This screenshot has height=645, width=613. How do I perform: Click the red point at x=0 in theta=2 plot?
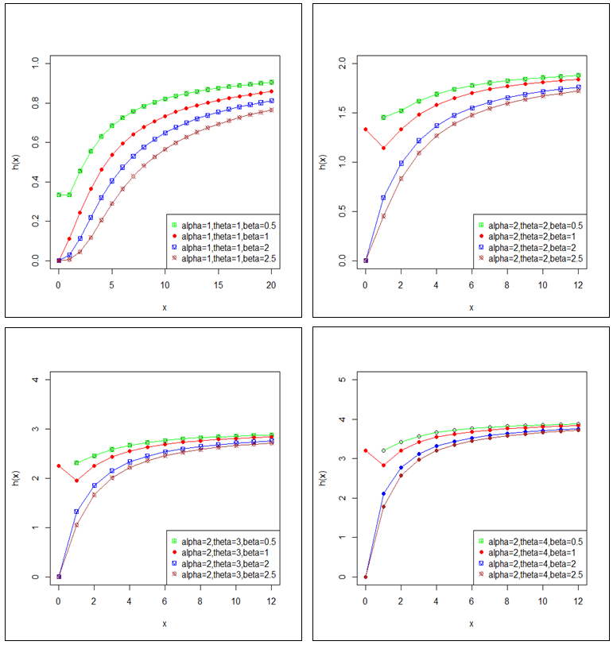point(365,129)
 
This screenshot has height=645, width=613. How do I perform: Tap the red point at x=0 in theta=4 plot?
point(365,450)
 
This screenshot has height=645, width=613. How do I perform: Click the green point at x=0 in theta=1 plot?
point(58,195)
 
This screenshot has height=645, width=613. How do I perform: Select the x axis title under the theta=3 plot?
point(165,624)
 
